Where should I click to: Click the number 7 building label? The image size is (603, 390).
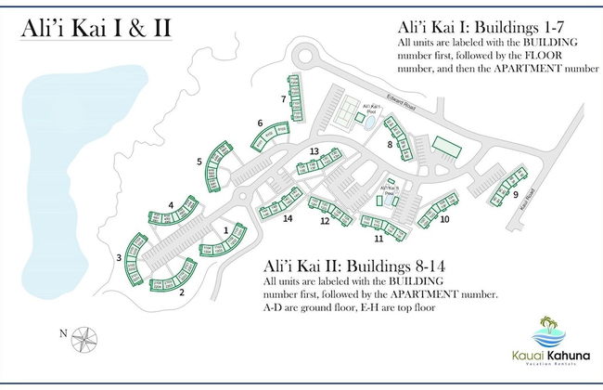282,98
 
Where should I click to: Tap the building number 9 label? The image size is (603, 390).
516,195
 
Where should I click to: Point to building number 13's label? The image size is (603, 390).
314,151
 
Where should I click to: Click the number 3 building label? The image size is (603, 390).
119,257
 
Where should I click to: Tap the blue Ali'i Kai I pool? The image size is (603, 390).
370,120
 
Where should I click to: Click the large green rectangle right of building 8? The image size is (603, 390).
448,146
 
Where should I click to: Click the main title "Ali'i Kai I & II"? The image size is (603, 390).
96,27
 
